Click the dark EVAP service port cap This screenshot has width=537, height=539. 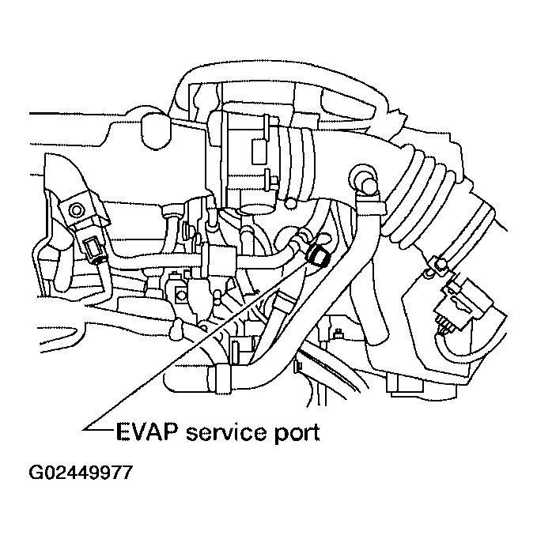pyautogui.click(x=320, y=254)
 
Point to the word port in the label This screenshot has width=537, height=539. pyautogui.click(x=296, y=434)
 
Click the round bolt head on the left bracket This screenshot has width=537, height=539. pyautogui.click(x=77, y=210)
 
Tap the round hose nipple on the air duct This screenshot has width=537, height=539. pyautogui.click(x=365, y=175)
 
